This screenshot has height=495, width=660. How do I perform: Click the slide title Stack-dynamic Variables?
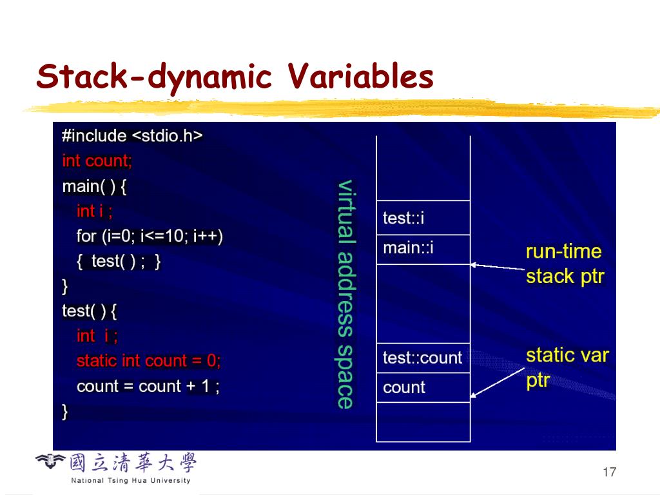[x=235, y=77]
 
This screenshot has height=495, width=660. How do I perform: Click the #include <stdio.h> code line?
[x=132, y=136]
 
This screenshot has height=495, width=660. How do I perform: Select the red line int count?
[x=97, y=160]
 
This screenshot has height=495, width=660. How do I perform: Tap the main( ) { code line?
[x=95, y=186]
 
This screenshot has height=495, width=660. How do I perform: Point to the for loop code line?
[x=150, y=237]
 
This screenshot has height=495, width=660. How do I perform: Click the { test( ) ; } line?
[x=119, y=261]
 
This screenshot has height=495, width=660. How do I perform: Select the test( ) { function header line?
[x=90, y=311]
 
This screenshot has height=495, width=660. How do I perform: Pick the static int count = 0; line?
[x=148, y=361]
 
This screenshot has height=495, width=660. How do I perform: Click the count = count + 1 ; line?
[x=148, y=386]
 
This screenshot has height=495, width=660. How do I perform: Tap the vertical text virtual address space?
[x=346, y=294]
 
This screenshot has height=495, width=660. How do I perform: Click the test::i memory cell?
[x=423, y=218]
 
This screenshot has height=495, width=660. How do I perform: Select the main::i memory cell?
[x=423, y=248]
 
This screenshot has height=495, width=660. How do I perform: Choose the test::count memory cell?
[x=423, y=358]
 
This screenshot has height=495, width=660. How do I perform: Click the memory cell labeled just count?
[x=423, y=387]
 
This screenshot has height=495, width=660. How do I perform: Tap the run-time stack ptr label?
[x=565, y=264]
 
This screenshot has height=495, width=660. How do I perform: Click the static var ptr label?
[x=567, y=367]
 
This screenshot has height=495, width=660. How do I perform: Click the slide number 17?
[x=609, y=472]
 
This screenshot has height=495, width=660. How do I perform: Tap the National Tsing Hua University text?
[x=131, y=480]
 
